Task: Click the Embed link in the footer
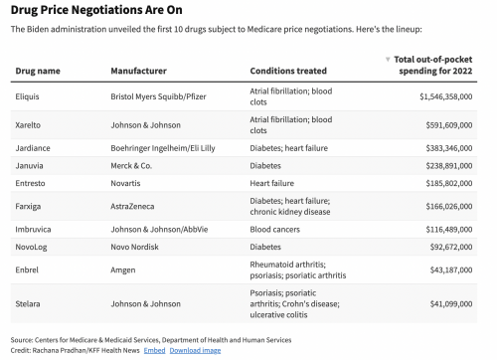point(154,350)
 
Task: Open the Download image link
point(195,350)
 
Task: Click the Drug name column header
point(38,71)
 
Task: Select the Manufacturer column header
point(139,71)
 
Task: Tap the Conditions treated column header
point(288,71)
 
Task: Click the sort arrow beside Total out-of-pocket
point(388,60)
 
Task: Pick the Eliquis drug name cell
point(27,96)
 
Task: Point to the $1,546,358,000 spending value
point(446,96)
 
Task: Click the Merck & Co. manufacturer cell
point(131,166)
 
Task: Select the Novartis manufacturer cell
point(125,183)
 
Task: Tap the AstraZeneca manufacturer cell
point(132,206)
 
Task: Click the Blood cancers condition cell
point(275,230)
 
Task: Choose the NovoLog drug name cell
point(31,247)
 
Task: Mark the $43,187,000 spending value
point(451,270)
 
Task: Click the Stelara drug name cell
point(28,304)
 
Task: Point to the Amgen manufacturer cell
point(123,270)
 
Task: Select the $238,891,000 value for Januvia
point(449,166)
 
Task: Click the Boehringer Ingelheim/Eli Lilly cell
point(163,148)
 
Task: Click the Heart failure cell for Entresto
point(272,183)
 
